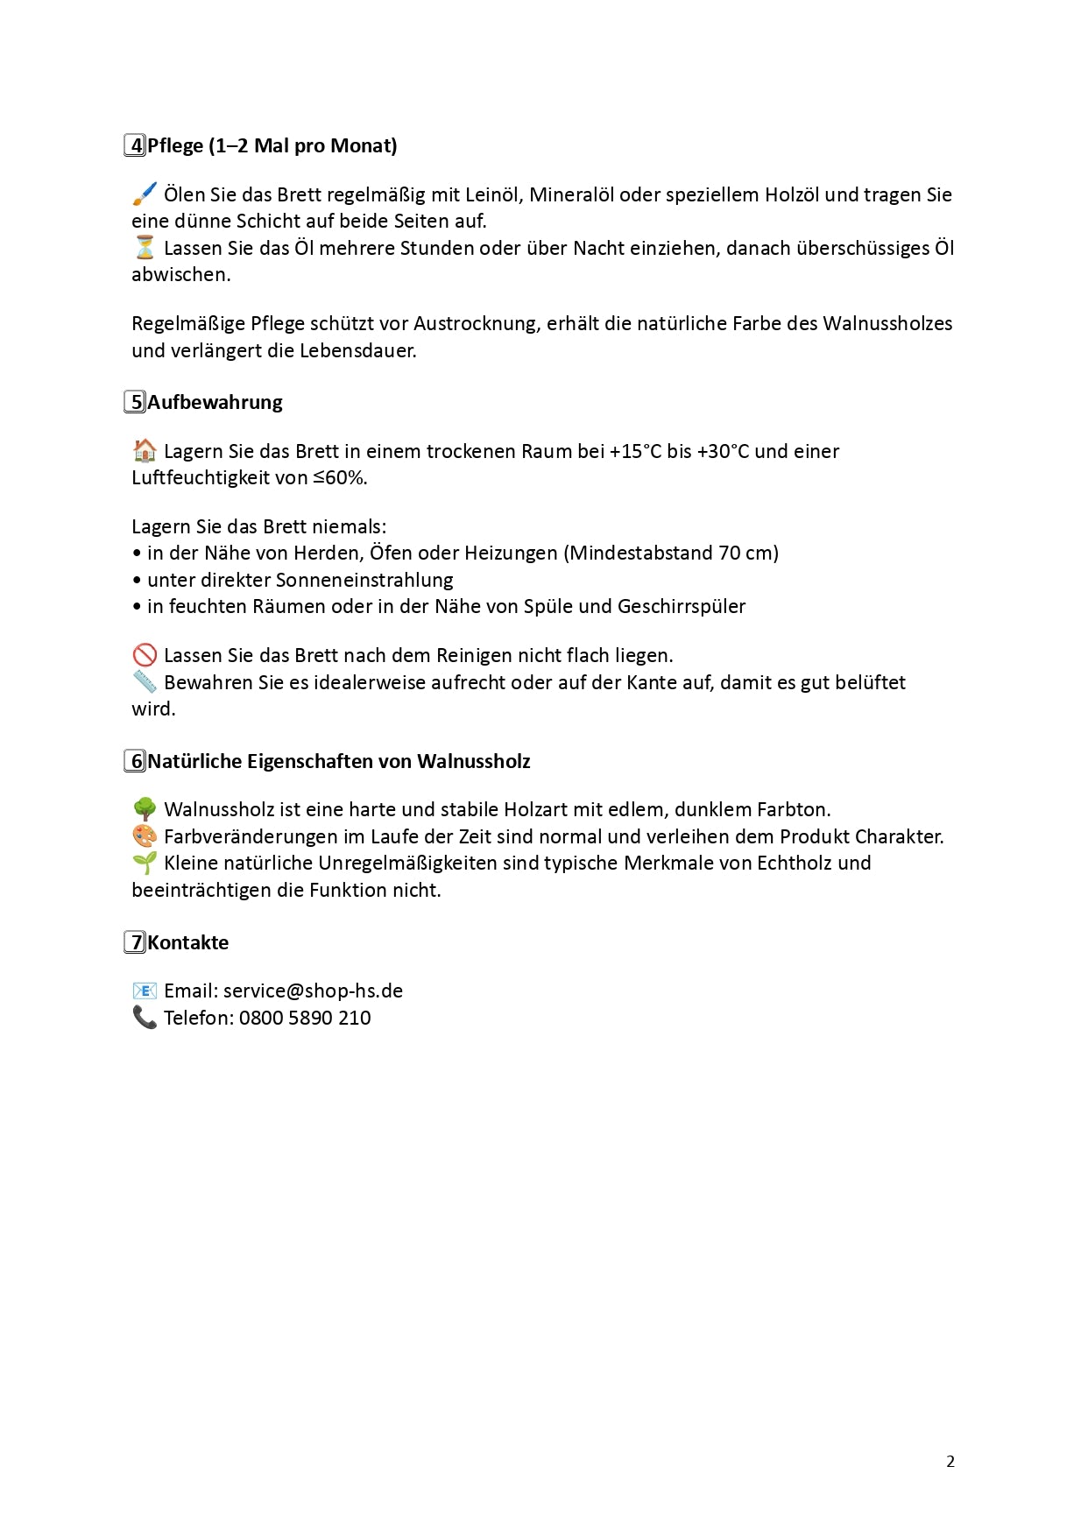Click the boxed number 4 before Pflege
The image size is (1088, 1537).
coord(135,145)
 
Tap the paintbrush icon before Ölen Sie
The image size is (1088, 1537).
coord(145,194)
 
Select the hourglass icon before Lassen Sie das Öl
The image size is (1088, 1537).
coord(145,248)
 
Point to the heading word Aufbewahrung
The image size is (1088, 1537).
coord(215,402)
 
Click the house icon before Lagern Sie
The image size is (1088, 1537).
coord(145,451)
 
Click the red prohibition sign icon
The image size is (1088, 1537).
coord(145,655)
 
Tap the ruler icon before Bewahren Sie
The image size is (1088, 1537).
coord(145,681)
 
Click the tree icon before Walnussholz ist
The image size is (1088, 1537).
coord(145,809)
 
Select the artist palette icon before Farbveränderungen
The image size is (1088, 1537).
coord(145,836)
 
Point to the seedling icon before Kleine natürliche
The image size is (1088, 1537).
coord(145,863)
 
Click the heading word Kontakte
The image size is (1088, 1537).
coord(187,942)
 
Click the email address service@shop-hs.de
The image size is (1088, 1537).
coord(313,991)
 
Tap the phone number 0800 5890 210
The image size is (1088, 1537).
coord(305,1018)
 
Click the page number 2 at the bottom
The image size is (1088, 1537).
coord(950,1461)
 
